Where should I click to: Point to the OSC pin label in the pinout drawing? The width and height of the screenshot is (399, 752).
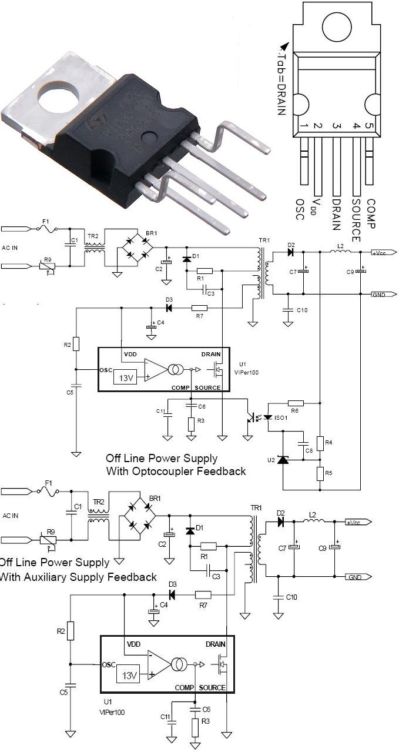(x=300, y=209)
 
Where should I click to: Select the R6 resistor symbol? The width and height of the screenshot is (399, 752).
(x=296, y=403)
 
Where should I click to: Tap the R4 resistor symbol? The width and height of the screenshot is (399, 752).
(x=320, y=443)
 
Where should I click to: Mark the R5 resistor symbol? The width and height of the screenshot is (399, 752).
(x=320, y=473)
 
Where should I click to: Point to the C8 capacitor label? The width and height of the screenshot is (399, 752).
(x=308, y=450)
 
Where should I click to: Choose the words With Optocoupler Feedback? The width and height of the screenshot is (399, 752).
(x=176, y=471)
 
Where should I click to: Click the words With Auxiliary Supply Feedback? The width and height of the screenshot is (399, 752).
(x=78, y=577)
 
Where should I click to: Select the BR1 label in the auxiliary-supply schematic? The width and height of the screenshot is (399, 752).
(x=155, y=499)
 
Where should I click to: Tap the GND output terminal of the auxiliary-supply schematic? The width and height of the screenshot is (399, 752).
(x=357, y=577)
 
